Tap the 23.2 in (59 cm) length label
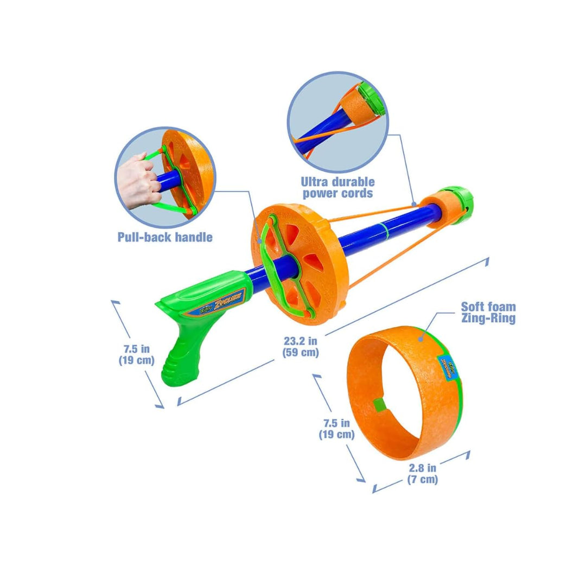[x=300, y=347]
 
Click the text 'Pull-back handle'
[x=165, y=237]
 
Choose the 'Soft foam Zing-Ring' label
[x=488, y=313]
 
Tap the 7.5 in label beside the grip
[x=136, y=354]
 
